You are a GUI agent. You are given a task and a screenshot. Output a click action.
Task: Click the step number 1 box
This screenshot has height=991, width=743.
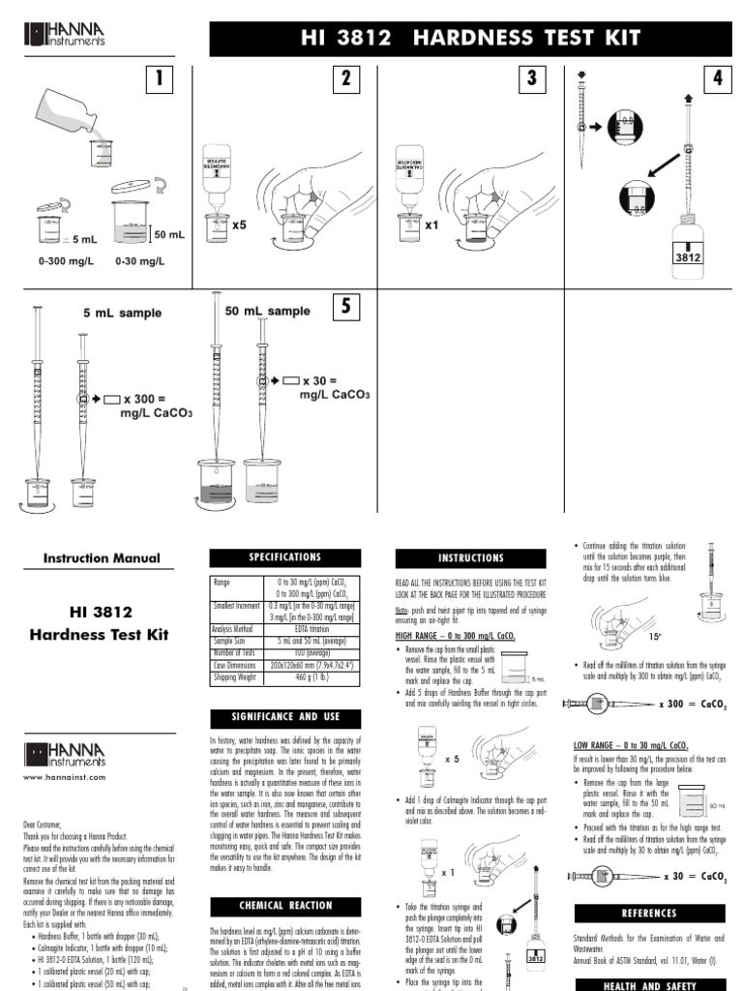click(154, 82)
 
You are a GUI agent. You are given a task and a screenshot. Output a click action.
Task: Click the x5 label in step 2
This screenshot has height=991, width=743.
click(240, 224)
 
